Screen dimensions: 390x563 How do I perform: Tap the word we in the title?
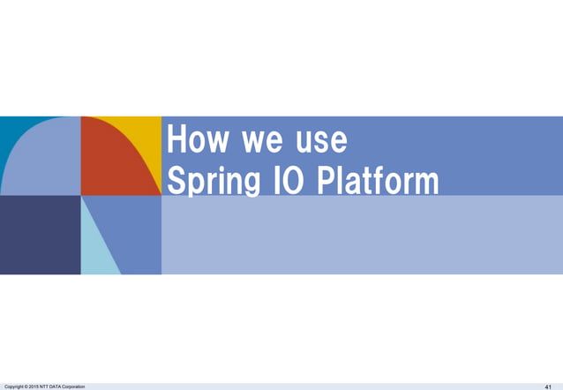tap(256, 141)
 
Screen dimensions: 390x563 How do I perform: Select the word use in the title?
tap(317, 141)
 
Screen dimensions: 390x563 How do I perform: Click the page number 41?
tap(548, 386)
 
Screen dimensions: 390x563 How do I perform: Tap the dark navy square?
tap(40, 235)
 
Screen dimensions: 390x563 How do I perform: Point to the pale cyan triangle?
tap(96, 247)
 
